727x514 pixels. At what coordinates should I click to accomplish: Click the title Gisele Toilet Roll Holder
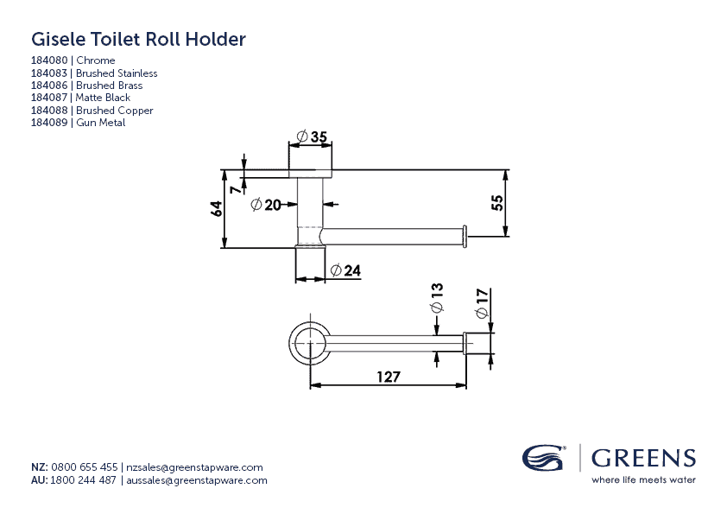coord(138,39)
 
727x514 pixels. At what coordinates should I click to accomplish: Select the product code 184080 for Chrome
coord(51,60)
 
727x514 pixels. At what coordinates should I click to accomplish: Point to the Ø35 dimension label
coord(312,136)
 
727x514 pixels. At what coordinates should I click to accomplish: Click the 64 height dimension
coord(217,208)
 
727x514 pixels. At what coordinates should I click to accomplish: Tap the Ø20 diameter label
coord(266,205)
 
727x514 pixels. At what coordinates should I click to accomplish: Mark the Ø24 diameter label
coord(345,270)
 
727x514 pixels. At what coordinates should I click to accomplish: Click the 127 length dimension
coord(387,376)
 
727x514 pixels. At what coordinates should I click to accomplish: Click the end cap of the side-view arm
coord(465,235)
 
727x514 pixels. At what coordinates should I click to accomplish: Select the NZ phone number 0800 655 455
coord(85,466)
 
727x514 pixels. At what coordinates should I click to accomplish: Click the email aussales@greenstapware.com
coord(197,480)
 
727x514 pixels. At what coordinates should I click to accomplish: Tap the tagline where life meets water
coord(642,479)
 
